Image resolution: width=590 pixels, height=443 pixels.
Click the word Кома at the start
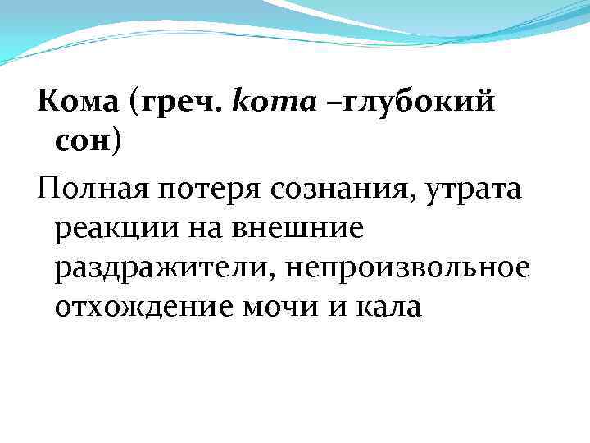tap(75, 105)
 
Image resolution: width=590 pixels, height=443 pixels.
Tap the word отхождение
tap(143, 308)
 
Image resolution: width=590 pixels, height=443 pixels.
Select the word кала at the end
tap(384, 308)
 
